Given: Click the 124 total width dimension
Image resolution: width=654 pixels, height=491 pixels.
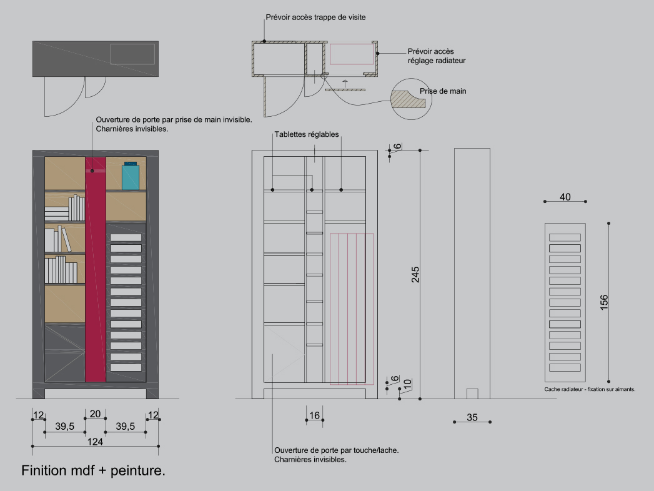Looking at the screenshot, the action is pos(95,442).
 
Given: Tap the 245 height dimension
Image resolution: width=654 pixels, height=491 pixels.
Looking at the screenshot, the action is pos(415,274).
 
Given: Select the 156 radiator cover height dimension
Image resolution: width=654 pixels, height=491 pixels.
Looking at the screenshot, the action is pos(604,302).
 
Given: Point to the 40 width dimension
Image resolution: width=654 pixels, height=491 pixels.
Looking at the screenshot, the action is pos(565,197).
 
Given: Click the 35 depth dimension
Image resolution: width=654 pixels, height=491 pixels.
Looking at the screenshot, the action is pos(472,417).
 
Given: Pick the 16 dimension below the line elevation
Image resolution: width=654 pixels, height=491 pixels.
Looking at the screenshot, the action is pos(314,415).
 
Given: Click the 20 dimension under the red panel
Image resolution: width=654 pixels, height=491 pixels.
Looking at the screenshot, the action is pos(95,414).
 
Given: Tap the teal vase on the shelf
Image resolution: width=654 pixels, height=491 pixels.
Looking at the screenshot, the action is pos(131,176).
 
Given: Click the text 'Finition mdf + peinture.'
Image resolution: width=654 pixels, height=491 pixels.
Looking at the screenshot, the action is pos(94,470).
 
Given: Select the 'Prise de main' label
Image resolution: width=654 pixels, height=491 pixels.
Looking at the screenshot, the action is pos(443,91).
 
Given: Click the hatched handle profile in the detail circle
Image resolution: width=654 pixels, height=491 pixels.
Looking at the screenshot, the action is pos(408,99).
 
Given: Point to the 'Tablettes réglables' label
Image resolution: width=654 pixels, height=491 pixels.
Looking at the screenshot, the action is pos(307,134).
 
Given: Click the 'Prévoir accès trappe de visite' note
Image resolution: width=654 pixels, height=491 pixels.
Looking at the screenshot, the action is pos(315,17).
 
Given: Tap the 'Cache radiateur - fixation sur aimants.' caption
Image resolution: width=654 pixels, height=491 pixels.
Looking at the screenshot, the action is pos(590,389).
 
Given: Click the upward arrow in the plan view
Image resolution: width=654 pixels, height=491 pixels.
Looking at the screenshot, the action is pos(345,84).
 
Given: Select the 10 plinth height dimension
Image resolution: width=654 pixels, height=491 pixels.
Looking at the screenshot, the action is pos(408,384).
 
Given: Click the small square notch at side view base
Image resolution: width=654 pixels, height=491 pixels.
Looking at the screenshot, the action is pos(472,394).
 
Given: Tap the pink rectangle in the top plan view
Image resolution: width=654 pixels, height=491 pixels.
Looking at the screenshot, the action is pos(352,54).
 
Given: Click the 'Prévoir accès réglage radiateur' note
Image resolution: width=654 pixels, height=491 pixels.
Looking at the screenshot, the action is pos(437,56).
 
